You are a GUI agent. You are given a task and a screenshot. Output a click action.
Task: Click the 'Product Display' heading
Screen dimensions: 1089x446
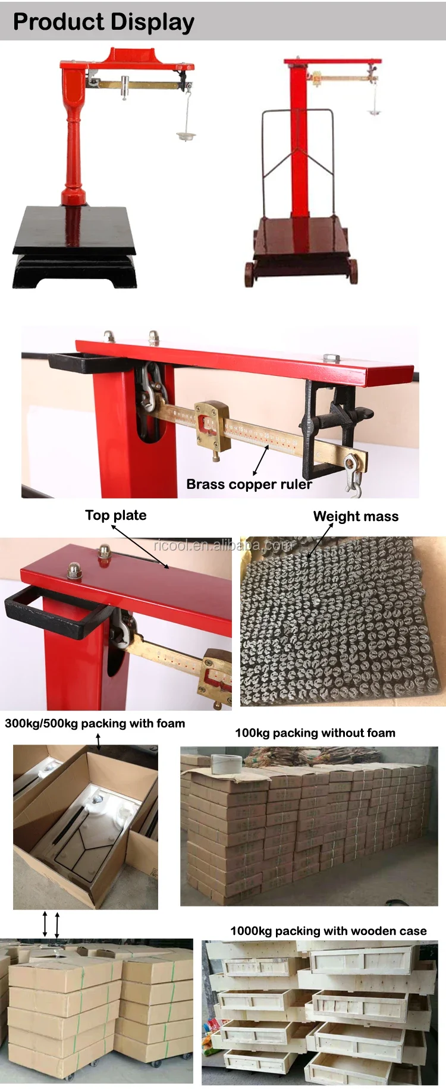103,22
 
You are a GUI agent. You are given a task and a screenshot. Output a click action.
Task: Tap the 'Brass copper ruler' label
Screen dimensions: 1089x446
249,484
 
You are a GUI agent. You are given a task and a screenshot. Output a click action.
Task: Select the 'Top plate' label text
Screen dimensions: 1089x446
115,515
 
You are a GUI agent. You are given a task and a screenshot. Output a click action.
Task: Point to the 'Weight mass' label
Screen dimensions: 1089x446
356,516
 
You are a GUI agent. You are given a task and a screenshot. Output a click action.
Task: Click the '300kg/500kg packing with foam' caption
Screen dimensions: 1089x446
95,723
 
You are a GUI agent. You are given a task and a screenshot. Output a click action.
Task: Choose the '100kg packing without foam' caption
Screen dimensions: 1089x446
315,733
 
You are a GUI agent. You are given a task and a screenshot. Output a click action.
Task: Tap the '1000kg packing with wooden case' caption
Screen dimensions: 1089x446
328,931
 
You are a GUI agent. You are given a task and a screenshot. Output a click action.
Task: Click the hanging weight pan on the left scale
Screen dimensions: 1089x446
186,136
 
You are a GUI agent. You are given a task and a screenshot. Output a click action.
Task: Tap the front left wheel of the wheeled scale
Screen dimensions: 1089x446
249,275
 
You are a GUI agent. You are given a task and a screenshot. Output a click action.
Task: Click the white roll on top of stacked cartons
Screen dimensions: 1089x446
226,764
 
